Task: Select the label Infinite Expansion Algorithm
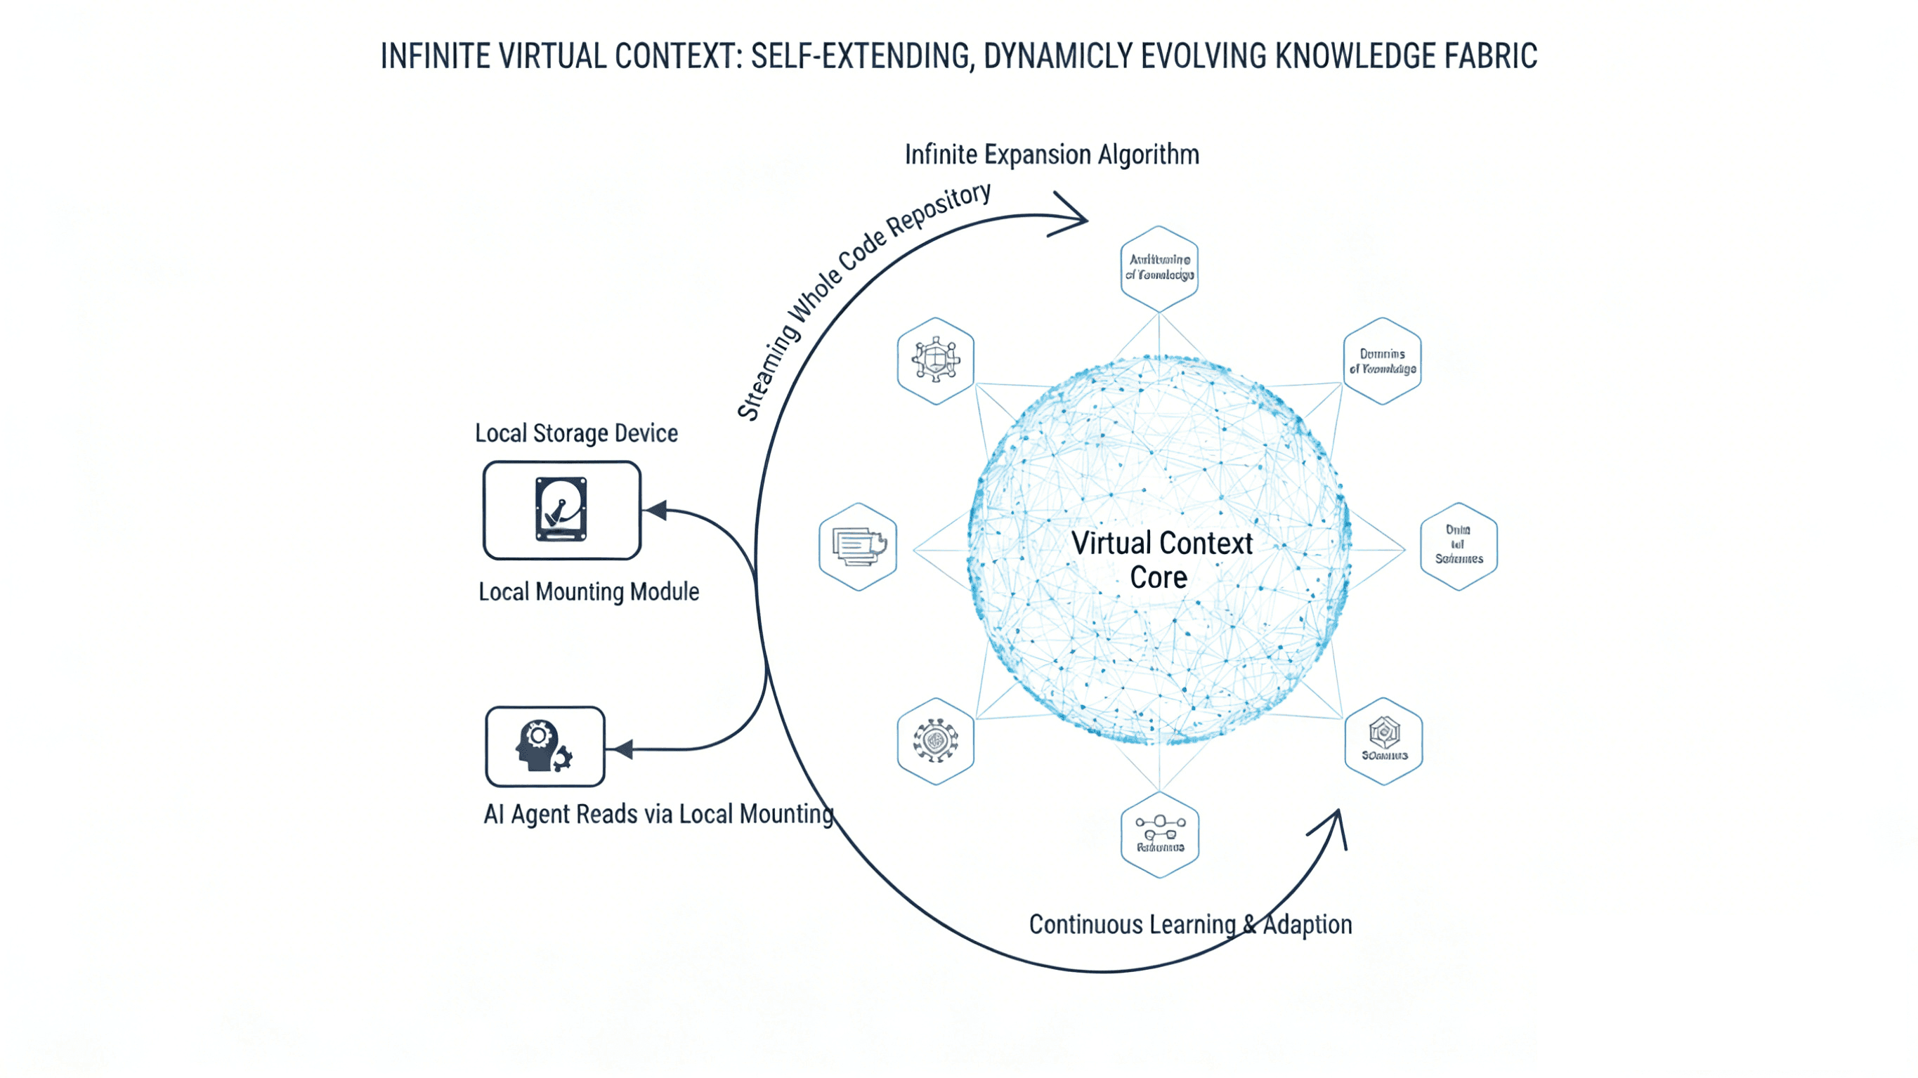point(1051,155)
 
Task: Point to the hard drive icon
point(561,509)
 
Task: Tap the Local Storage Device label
point(576,433)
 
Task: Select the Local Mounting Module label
point(588,592)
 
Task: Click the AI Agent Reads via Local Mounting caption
point(658,814)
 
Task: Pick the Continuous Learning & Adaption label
point(1190,925)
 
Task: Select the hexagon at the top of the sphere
point(1159,268)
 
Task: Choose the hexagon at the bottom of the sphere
point(1159,834)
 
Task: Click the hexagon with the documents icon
point(858,546)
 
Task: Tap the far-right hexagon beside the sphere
point(1459,546)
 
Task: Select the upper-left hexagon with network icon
point(935,361)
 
